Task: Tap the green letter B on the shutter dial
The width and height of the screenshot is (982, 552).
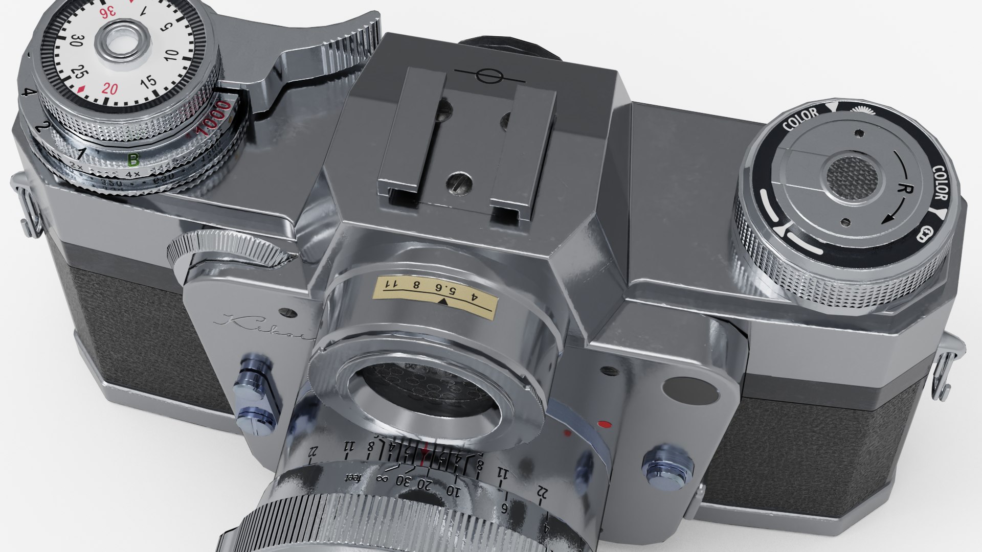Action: pos(133,160)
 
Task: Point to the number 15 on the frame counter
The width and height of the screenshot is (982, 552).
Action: pos(148,82)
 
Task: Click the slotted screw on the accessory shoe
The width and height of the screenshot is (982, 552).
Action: pos(457,181)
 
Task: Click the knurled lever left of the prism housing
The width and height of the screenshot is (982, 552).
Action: pos(225,250)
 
